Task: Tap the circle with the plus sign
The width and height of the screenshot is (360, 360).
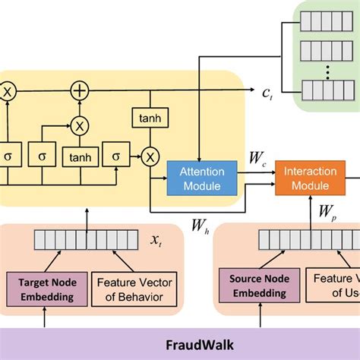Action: pyautogui.click(x=80, y=90)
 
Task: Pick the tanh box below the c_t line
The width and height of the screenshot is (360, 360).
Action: pyautogui.click(x=150, y=118)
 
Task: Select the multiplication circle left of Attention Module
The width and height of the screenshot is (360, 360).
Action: pyautogui.click(x=150, y=156)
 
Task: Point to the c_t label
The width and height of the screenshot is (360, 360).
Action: pyautogui.click(x=268, y=92)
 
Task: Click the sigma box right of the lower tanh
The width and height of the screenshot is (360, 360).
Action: pyautogui.click(x=117, y=156)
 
